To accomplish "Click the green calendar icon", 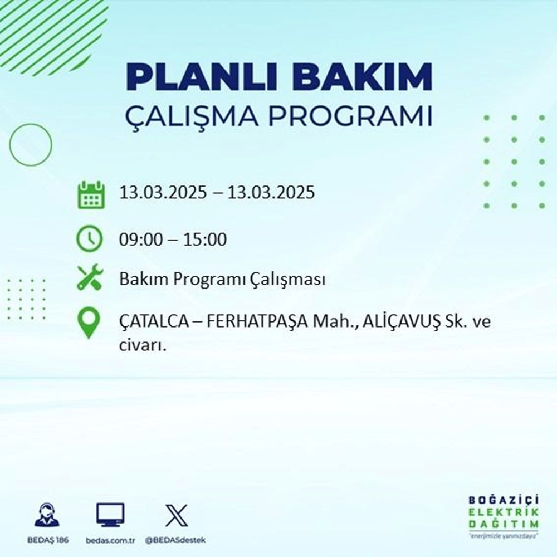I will tap(90, 194).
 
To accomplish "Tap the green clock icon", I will tap(90, 240).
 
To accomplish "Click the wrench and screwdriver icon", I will tap(90, 278).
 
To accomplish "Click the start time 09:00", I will tap(139, 241).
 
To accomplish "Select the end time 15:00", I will tap(207, 241).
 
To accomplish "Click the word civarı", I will tap(143, 345).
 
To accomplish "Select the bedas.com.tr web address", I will tap(110, 541).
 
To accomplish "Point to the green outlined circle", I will tap(31, 145).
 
